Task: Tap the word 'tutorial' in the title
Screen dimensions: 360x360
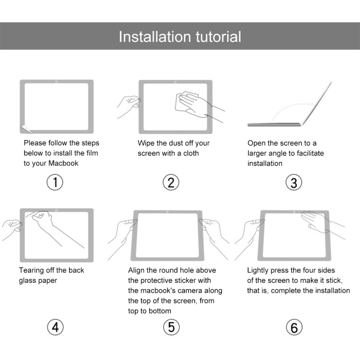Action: point(218,36)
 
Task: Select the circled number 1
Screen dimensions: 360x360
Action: point(55,182)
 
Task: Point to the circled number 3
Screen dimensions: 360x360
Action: point(294,182)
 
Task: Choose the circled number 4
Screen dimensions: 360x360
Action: point(55,327)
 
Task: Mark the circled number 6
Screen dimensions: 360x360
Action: point(294,327)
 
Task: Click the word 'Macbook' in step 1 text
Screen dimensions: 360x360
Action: point(63,163)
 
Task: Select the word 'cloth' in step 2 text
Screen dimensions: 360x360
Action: point(189,153)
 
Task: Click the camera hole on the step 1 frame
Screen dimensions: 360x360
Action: point(57,82)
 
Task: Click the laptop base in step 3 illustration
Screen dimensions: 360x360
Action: point(274,124)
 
